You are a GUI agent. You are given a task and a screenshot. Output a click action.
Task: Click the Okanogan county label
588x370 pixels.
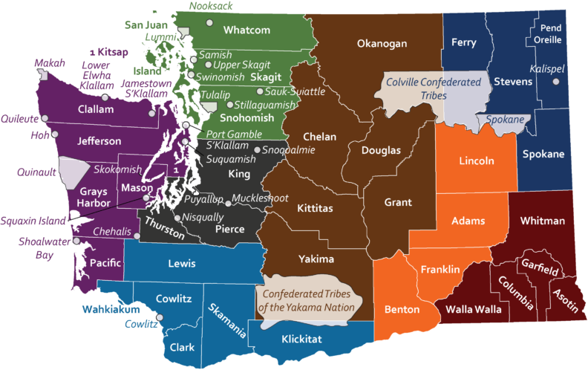382,44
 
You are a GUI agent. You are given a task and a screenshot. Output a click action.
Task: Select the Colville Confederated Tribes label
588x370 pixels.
432,89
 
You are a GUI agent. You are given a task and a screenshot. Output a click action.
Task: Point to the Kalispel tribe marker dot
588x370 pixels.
555,82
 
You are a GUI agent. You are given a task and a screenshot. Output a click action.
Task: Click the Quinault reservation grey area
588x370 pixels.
73,173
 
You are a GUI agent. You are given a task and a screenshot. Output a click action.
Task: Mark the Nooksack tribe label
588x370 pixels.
211,6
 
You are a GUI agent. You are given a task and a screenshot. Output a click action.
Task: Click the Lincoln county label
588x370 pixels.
476,161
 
